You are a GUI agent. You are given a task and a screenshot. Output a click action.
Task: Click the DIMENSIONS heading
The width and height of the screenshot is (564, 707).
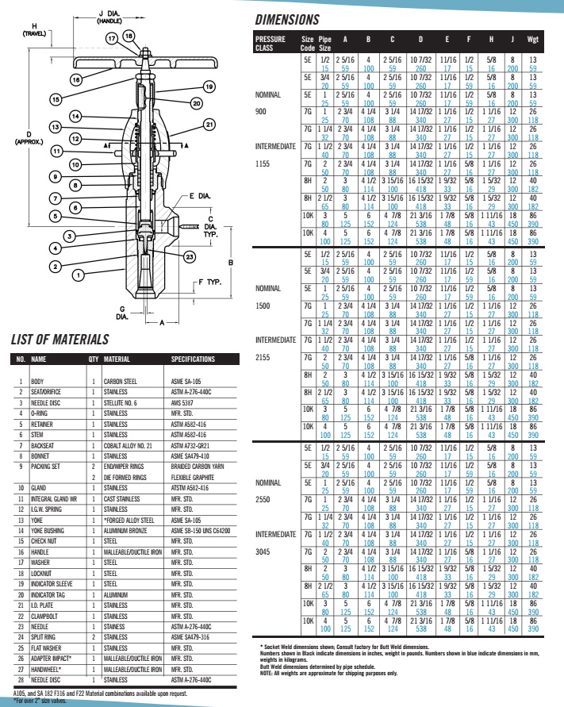pyautogui.click(x=286, y=21)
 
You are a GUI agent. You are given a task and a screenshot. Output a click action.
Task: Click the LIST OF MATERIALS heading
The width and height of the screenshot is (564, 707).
pyautogui.click(x=59, y=340)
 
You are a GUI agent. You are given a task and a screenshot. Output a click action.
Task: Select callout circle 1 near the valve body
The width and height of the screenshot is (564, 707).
pyautogui.click(x=78, y=275)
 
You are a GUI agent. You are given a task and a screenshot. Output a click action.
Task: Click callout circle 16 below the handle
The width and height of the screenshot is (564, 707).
pyautogui.click(x=75, y=80)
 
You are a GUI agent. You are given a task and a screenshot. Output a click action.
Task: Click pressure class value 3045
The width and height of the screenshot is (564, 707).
pyautogui.click(x=264, y=528)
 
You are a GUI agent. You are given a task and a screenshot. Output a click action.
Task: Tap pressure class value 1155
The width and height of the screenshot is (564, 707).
pyautogui.click(x=264, y=163)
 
